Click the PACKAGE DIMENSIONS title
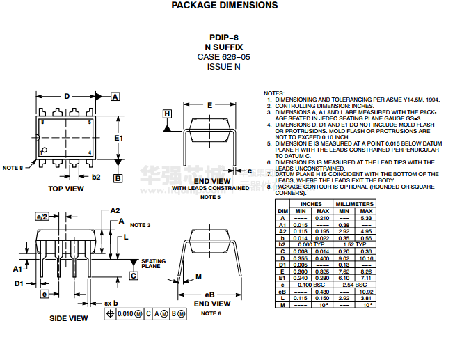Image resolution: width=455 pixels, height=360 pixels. (x=224, y=6)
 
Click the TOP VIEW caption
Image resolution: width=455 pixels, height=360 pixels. (x=66, y=189)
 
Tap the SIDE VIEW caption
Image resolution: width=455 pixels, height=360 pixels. (x=69, y=318)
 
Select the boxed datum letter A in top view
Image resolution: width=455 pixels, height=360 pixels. (x=115, y=97)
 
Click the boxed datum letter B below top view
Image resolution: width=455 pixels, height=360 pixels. (x=118, y=178)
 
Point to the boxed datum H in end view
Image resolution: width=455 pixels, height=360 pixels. (x=167, y=114)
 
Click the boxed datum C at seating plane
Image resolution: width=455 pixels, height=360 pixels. (x=134, y=276)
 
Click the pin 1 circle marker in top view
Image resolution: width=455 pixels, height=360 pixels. (x=44, y=150)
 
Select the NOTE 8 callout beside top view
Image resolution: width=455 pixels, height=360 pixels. (x=13, y=168)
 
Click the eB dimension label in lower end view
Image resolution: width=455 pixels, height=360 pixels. (x=209, y=293)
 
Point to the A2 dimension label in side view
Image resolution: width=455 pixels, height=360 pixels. (x=115, y=210)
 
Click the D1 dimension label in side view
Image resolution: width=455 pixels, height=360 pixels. (x=19, y=284)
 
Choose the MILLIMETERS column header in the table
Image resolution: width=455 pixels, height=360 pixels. (x=354, y=204)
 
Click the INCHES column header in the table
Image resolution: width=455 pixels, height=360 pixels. (x=311, y=204)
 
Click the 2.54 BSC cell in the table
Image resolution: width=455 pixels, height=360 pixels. (x=354, y=285)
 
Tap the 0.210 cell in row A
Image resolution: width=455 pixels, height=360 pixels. (x=323, y=218)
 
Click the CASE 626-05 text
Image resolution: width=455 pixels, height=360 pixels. (x=224, y=56)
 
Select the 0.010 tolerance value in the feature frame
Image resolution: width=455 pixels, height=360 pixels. (x=125, y=315)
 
